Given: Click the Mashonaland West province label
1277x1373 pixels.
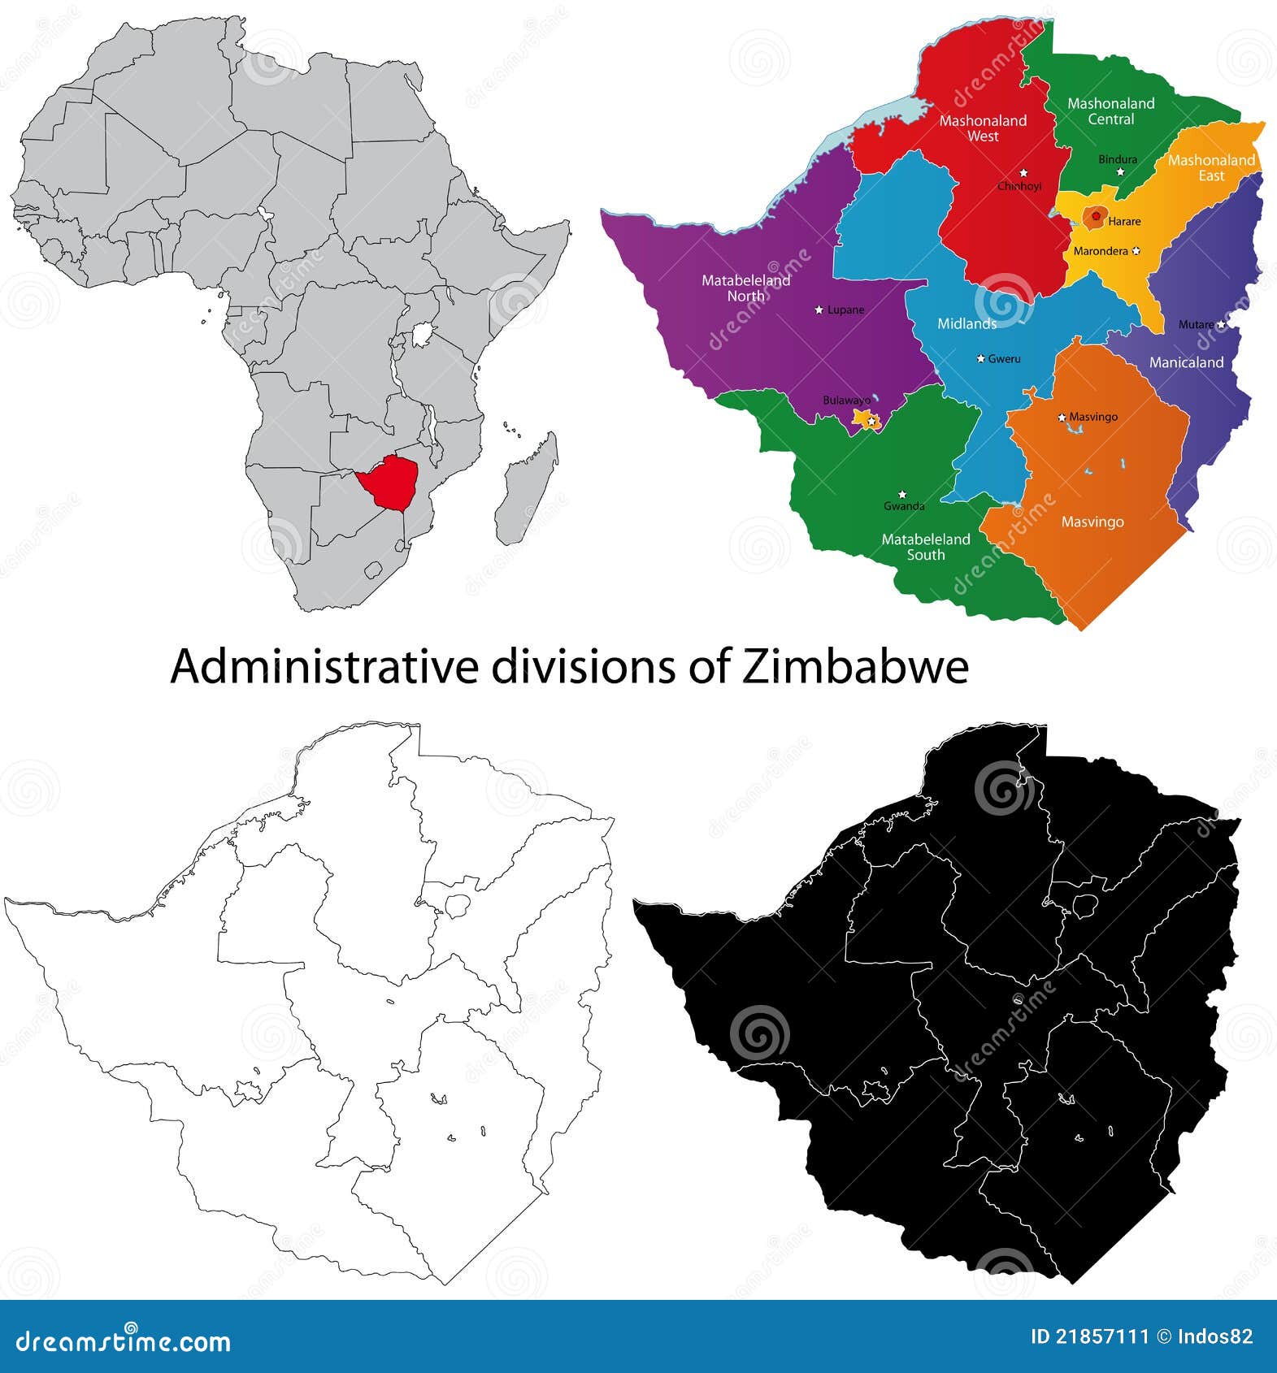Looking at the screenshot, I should (x=983, y=128).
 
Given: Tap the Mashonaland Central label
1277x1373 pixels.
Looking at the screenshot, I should (x=1110, y=111).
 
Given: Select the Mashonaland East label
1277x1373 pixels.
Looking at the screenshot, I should (x=1211, y=167).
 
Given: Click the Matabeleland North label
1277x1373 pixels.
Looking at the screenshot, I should (x=745, y=288).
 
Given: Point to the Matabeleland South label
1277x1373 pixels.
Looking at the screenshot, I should (x=926, y=547).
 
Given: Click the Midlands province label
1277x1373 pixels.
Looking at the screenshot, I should (x=966, y=323).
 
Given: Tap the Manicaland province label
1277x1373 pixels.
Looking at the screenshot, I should (x=1186, y=362).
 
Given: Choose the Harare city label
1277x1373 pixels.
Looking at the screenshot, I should (x=1124, y=221).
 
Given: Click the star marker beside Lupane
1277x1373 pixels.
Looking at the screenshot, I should (x=819, y=310).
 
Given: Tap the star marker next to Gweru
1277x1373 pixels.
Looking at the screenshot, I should (x=980, y=358).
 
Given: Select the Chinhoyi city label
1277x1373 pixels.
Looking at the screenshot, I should (x=1019, y=186).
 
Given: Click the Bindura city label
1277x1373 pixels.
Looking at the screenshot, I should (x=1118, y=159).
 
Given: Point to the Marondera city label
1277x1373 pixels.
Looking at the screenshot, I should (x=1101, y=251).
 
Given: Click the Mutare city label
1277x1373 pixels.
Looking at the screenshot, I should (x=1196, y=324).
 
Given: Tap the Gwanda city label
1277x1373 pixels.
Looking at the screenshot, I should (x=904, y=506).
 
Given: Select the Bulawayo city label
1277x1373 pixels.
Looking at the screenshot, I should (x=846, y=400).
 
